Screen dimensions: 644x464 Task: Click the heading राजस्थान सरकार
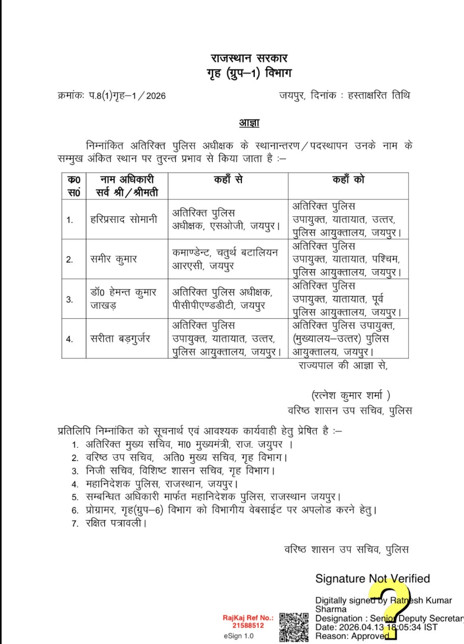tap(250, 58)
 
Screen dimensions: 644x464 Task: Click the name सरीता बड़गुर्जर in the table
tap(123, 338)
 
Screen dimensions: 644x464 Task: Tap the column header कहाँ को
tap(348, 181)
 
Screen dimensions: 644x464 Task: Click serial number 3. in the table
tap(70, 299)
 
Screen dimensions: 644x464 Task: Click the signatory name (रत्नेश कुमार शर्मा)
tap(351, 395)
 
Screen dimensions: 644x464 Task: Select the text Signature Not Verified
tap(373, 579)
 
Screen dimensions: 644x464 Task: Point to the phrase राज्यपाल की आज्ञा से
tap(342, 366)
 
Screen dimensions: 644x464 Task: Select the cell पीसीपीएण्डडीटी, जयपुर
tap(218, 305)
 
